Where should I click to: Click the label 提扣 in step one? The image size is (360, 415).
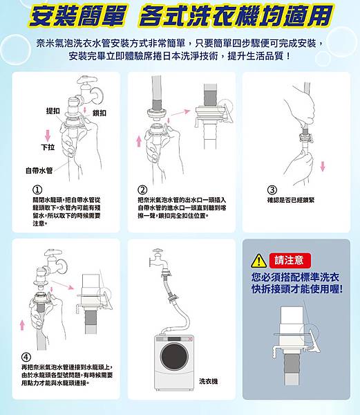click(53, 111)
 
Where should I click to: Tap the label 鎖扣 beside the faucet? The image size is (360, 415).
click(100, 113)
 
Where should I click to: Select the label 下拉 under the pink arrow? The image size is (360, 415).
click(48, 147)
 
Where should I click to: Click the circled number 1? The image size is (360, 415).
click(37, 190)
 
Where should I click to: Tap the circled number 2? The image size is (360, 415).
click(142, 190)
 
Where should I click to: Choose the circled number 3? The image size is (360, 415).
click(272, 190)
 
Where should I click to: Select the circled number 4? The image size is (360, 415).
click(26, 358)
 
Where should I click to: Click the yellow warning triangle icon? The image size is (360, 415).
click(258, 261)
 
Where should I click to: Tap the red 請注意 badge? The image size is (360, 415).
click(290, 261)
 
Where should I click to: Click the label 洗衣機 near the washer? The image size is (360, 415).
click(209, 381)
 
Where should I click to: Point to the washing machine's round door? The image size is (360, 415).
click(175, 357)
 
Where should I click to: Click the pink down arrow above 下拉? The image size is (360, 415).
click(48, 135)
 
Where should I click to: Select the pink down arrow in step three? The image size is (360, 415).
click(323, 166)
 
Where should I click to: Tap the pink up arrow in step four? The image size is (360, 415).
click(22, 326)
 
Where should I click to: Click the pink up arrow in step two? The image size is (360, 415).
click(139, 141)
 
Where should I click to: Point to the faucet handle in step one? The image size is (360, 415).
click(86, 79)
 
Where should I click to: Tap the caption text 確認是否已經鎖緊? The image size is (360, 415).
click(291, 201)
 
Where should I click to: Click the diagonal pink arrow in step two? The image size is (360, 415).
click(180, 113)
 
